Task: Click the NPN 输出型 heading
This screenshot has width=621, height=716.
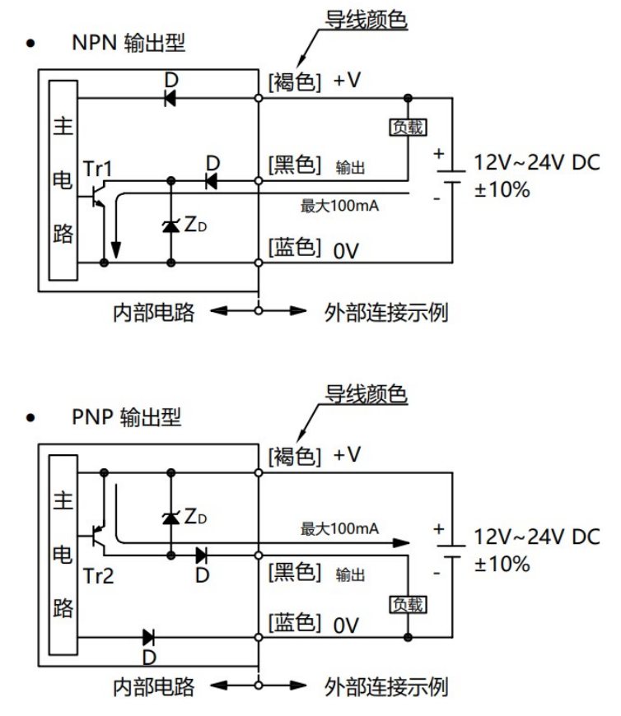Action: point(127,43)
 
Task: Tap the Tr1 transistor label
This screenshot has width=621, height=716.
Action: point(98,169)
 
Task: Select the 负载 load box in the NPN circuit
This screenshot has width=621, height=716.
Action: point(409,127)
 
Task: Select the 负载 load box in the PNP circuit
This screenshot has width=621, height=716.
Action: point(409,604)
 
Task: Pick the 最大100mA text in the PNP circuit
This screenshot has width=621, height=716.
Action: point(339,528)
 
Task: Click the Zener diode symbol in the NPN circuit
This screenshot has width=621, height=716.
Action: point(171,224)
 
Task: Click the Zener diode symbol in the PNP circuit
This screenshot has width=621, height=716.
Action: point(171,517)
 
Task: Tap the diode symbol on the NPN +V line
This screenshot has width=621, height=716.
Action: point(171,98)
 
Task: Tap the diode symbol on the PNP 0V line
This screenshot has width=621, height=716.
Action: point(149,636)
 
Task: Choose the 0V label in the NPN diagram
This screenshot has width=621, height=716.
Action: point(347,249)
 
